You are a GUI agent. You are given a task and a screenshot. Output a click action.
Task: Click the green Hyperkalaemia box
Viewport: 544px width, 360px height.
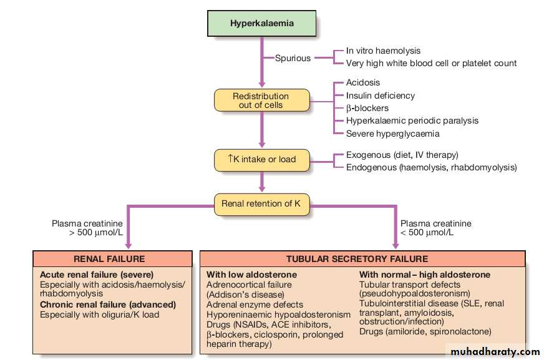coord(261,24)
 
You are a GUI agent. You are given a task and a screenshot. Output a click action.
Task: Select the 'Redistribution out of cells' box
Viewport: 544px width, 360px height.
coord(261,100)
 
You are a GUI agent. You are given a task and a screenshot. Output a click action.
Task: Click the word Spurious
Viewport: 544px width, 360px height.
coord(293,58)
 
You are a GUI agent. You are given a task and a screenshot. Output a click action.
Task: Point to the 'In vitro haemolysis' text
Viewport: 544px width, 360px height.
coord(383,51)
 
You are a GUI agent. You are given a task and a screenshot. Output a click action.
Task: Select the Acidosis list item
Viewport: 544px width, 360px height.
coord(363,82)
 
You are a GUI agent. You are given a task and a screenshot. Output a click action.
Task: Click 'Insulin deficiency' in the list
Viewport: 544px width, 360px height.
coord(381,95)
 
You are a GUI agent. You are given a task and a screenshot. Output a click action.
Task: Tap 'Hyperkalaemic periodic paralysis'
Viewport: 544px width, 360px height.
coord(412,120)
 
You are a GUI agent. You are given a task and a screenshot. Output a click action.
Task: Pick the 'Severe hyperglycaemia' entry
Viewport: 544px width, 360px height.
coord(393,134)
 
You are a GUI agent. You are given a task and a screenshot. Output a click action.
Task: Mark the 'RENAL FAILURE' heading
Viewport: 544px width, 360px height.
coord(109,258)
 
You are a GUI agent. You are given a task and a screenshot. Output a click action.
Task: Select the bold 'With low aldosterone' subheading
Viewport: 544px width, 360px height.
coord(252,275)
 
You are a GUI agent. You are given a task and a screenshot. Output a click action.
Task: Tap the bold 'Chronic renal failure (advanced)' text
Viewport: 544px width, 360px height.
coord(108,304)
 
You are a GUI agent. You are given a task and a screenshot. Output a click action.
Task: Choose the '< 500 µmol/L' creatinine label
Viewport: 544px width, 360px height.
coord(427,233)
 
